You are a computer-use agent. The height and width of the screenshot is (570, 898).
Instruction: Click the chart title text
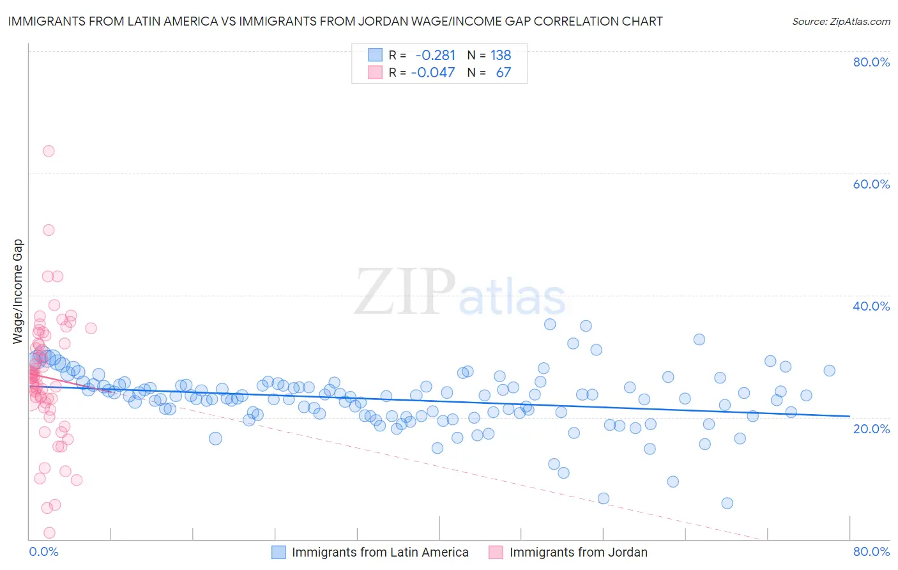pos(335,21)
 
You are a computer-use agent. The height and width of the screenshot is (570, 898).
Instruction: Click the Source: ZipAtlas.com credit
pos(841,21)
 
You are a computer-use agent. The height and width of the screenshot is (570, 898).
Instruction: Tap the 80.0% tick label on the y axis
pos(871,62)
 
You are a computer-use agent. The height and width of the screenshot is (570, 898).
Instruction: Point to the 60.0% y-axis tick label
pos(871,184)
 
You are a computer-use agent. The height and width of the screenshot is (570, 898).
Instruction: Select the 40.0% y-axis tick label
pos(871,306)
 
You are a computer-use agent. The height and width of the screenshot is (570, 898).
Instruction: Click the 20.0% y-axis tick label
pos(871,428)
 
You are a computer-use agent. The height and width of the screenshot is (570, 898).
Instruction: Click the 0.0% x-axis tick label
pos(43,551)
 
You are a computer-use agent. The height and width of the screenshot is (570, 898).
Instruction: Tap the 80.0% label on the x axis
pos(871,551)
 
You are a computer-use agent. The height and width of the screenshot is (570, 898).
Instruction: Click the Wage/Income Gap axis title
pos(18,291)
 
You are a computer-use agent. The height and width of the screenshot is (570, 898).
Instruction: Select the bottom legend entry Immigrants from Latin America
pos(380,552)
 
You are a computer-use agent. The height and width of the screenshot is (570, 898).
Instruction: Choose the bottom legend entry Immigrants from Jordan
pos(578,552)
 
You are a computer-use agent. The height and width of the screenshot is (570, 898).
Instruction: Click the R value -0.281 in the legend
pos(435,56)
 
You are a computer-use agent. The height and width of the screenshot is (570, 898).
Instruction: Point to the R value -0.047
pos(433,73)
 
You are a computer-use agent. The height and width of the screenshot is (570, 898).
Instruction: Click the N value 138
pos(501,56)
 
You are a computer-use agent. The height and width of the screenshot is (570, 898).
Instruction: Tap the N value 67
pos(503,73)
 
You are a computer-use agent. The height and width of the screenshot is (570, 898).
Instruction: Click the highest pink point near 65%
pos(49,151)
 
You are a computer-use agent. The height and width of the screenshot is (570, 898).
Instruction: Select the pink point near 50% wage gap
pos(49,230)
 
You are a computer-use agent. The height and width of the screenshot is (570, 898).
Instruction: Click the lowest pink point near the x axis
pos(49,532)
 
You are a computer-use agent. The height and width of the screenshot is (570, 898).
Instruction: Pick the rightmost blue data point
pos(829,371)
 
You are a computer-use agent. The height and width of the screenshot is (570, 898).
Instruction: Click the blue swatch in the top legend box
pos(375,56)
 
